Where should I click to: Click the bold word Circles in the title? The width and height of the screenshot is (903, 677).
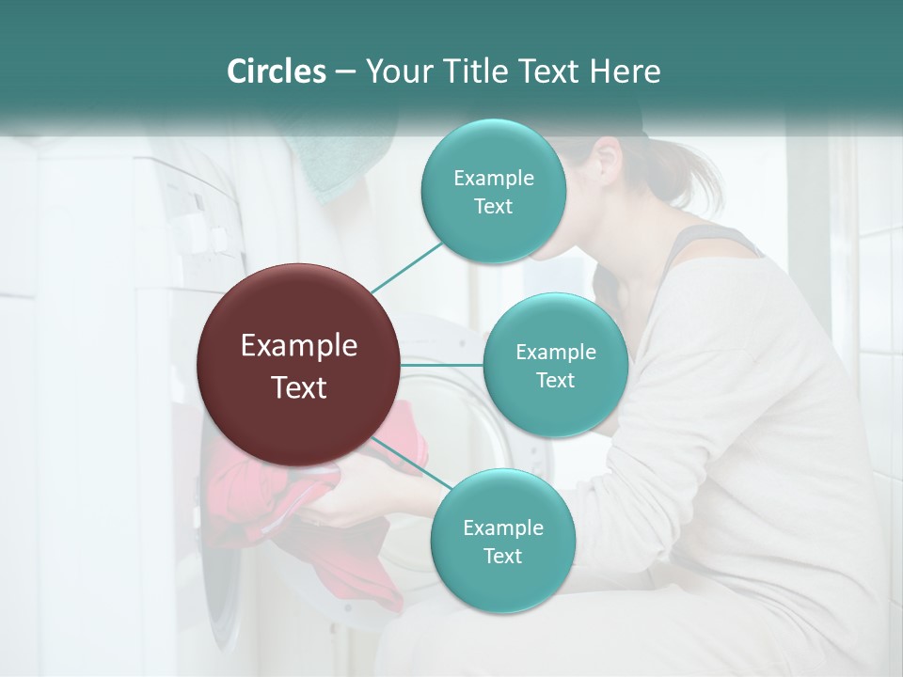tap(276, 71)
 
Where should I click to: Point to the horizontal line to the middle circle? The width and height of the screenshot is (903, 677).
tap(442, 365)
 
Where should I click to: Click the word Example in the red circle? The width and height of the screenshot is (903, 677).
tap(299, 346)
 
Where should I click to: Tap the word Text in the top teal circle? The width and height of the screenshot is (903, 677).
tap(493, 207)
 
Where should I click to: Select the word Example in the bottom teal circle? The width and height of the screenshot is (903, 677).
tap(502, 527)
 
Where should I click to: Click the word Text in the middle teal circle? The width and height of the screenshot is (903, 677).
tap(555, 381)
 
